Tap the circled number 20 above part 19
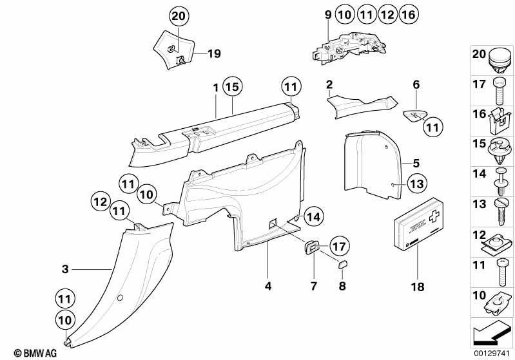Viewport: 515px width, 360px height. pos(179,15)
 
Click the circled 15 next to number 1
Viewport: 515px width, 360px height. pos(231,86)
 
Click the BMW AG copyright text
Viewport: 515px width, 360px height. pos(31,352)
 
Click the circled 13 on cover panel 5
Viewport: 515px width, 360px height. pos(417,184)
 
